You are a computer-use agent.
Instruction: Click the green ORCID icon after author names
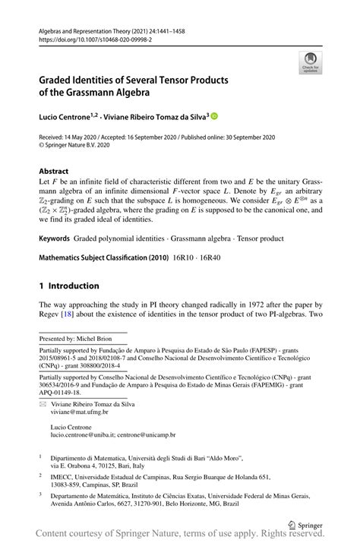pos(214,116)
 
